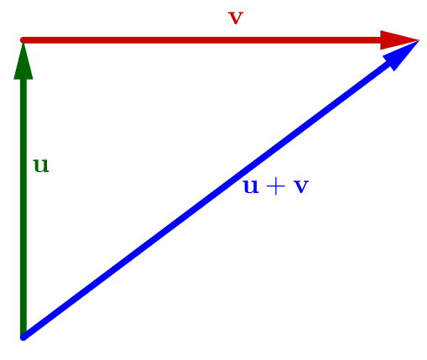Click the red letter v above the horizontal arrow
[x=236, y=18]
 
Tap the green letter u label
[x=41, y=165]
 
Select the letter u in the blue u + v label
[x=251, y=186]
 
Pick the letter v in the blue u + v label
[x=301, y=186]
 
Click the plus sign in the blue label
[x=276, y=186]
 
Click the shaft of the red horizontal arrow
[x=201, y=40]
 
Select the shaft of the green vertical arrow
[x=23, y=207]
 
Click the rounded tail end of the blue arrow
[x=23, y=337]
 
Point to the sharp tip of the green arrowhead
[x=23, y=41]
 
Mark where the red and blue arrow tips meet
[x=419, y=40]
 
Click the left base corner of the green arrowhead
[x=13, y=80]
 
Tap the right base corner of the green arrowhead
[x=34, y=80]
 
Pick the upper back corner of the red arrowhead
[x=380, y=30]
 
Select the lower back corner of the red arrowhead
[x=380, y=50]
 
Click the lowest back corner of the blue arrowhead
[x=394, y=71]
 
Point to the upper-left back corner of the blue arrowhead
[x=383, y=55]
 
